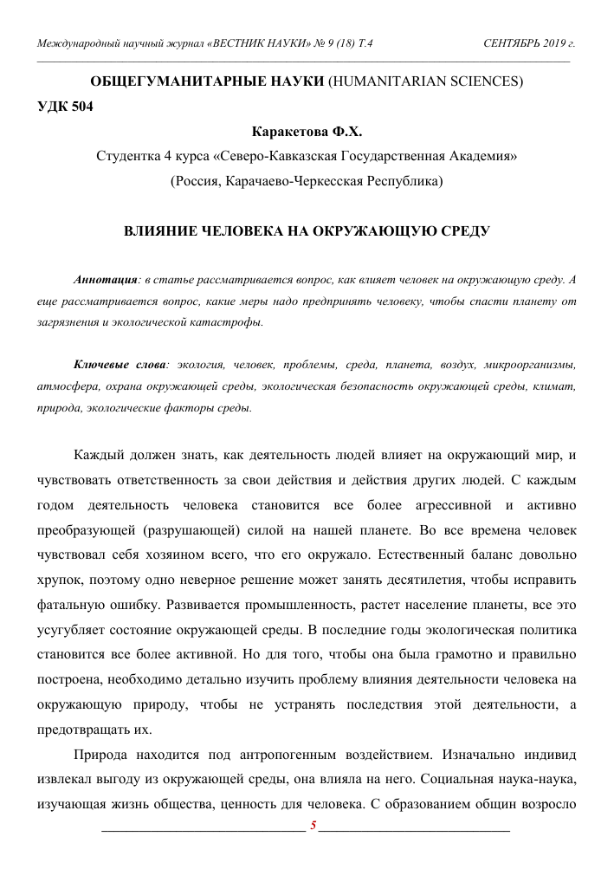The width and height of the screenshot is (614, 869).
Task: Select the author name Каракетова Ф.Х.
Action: pos(307,133)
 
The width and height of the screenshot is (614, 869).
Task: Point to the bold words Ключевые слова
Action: pos(121,366)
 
